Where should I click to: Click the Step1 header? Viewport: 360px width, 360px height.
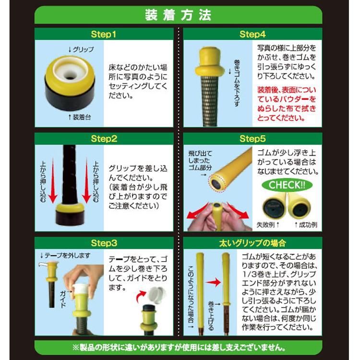[x=104, y=34]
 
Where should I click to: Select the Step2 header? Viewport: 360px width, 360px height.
[x=104, y=139]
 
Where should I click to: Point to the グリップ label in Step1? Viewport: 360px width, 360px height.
[x=81, y=49]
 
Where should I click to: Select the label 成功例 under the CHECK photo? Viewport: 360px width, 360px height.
[x=306, y=224]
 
